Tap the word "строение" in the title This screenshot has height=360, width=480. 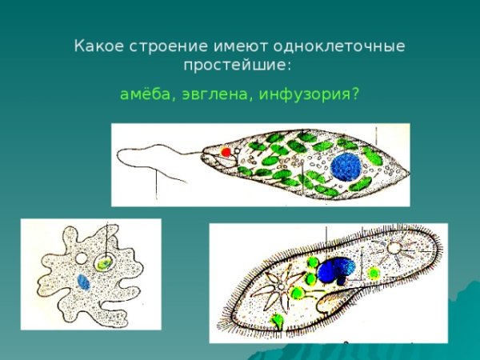pos(162,46)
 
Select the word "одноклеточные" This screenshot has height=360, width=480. pos(350,46)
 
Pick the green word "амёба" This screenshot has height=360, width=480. pos(143,94)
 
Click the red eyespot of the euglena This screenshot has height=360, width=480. pos(226,152)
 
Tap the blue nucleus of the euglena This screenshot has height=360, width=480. pos(346,167)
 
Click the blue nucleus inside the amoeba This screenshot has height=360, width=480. pos(84,282)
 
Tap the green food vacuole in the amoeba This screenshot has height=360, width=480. pos(104,262)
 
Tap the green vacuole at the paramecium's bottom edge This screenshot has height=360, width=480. pos(278,322)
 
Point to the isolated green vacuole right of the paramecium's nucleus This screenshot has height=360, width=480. pos(373,274)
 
